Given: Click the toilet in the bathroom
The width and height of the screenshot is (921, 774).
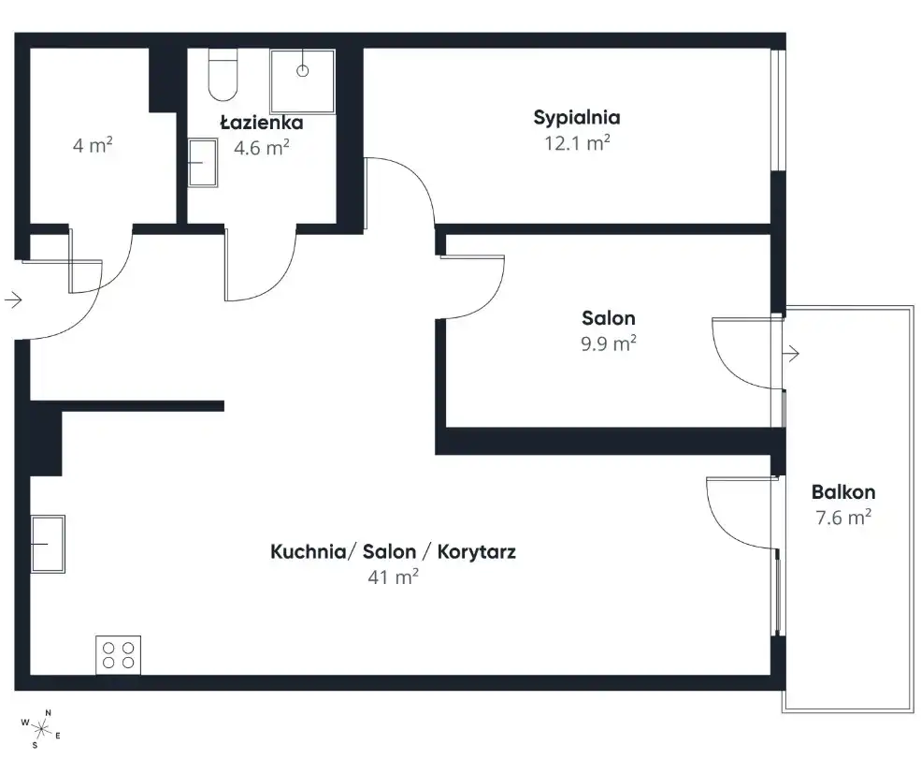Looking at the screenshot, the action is pyautogui.click(x=223, y=75).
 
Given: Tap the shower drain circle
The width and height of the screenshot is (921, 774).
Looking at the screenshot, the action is pyautogui.click(x=303, y=71).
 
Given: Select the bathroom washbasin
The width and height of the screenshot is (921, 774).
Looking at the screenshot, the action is pyautogui.click(x=203, y=163).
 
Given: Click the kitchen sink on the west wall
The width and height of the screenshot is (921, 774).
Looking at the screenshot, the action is pyautogui.click(x=48, y=544).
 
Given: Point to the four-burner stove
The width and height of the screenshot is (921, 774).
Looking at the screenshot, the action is pyautogui.click(x=118, y=655).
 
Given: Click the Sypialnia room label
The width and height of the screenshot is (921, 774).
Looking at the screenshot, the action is pyautogui.click(x=577, y=118).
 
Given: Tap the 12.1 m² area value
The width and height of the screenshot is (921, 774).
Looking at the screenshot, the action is pyautogui.click(x=578, y=143).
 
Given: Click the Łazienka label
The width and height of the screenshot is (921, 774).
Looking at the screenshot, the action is pyautogui.click(x=262, y=123).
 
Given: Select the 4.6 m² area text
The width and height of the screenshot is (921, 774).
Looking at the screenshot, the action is pyautogui.click(x=262, y=148).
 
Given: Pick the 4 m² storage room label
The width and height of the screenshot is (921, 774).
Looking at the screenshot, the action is pyautogui.click(x=93, y=145).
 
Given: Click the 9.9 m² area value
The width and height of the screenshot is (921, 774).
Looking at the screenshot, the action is pyautogui.click(x=609, y=343).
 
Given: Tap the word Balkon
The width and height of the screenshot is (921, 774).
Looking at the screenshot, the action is pyautogui.click(x=843, y=491).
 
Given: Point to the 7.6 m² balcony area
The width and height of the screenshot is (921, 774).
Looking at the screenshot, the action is pyautogui.click(x=843, y=518).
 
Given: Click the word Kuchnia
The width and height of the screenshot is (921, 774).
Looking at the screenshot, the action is pyautogui.click(x=309, y=551).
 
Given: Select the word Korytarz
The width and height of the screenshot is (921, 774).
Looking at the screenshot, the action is pyautogui.click(x=476, y=552).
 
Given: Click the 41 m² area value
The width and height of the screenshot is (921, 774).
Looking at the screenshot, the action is pyautogui.click(x=393, y=577).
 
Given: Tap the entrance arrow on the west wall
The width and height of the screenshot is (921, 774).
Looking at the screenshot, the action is pyautogui.click(x=13, y=299).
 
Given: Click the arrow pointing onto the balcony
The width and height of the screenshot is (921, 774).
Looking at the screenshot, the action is pyautogui.click(x=791, y=354).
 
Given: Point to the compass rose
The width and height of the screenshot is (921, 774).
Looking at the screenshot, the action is pyautogui.click(x=41, y=729).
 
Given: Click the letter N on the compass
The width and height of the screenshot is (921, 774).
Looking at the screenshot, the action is pyautogui.click(x=49, y=713).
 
